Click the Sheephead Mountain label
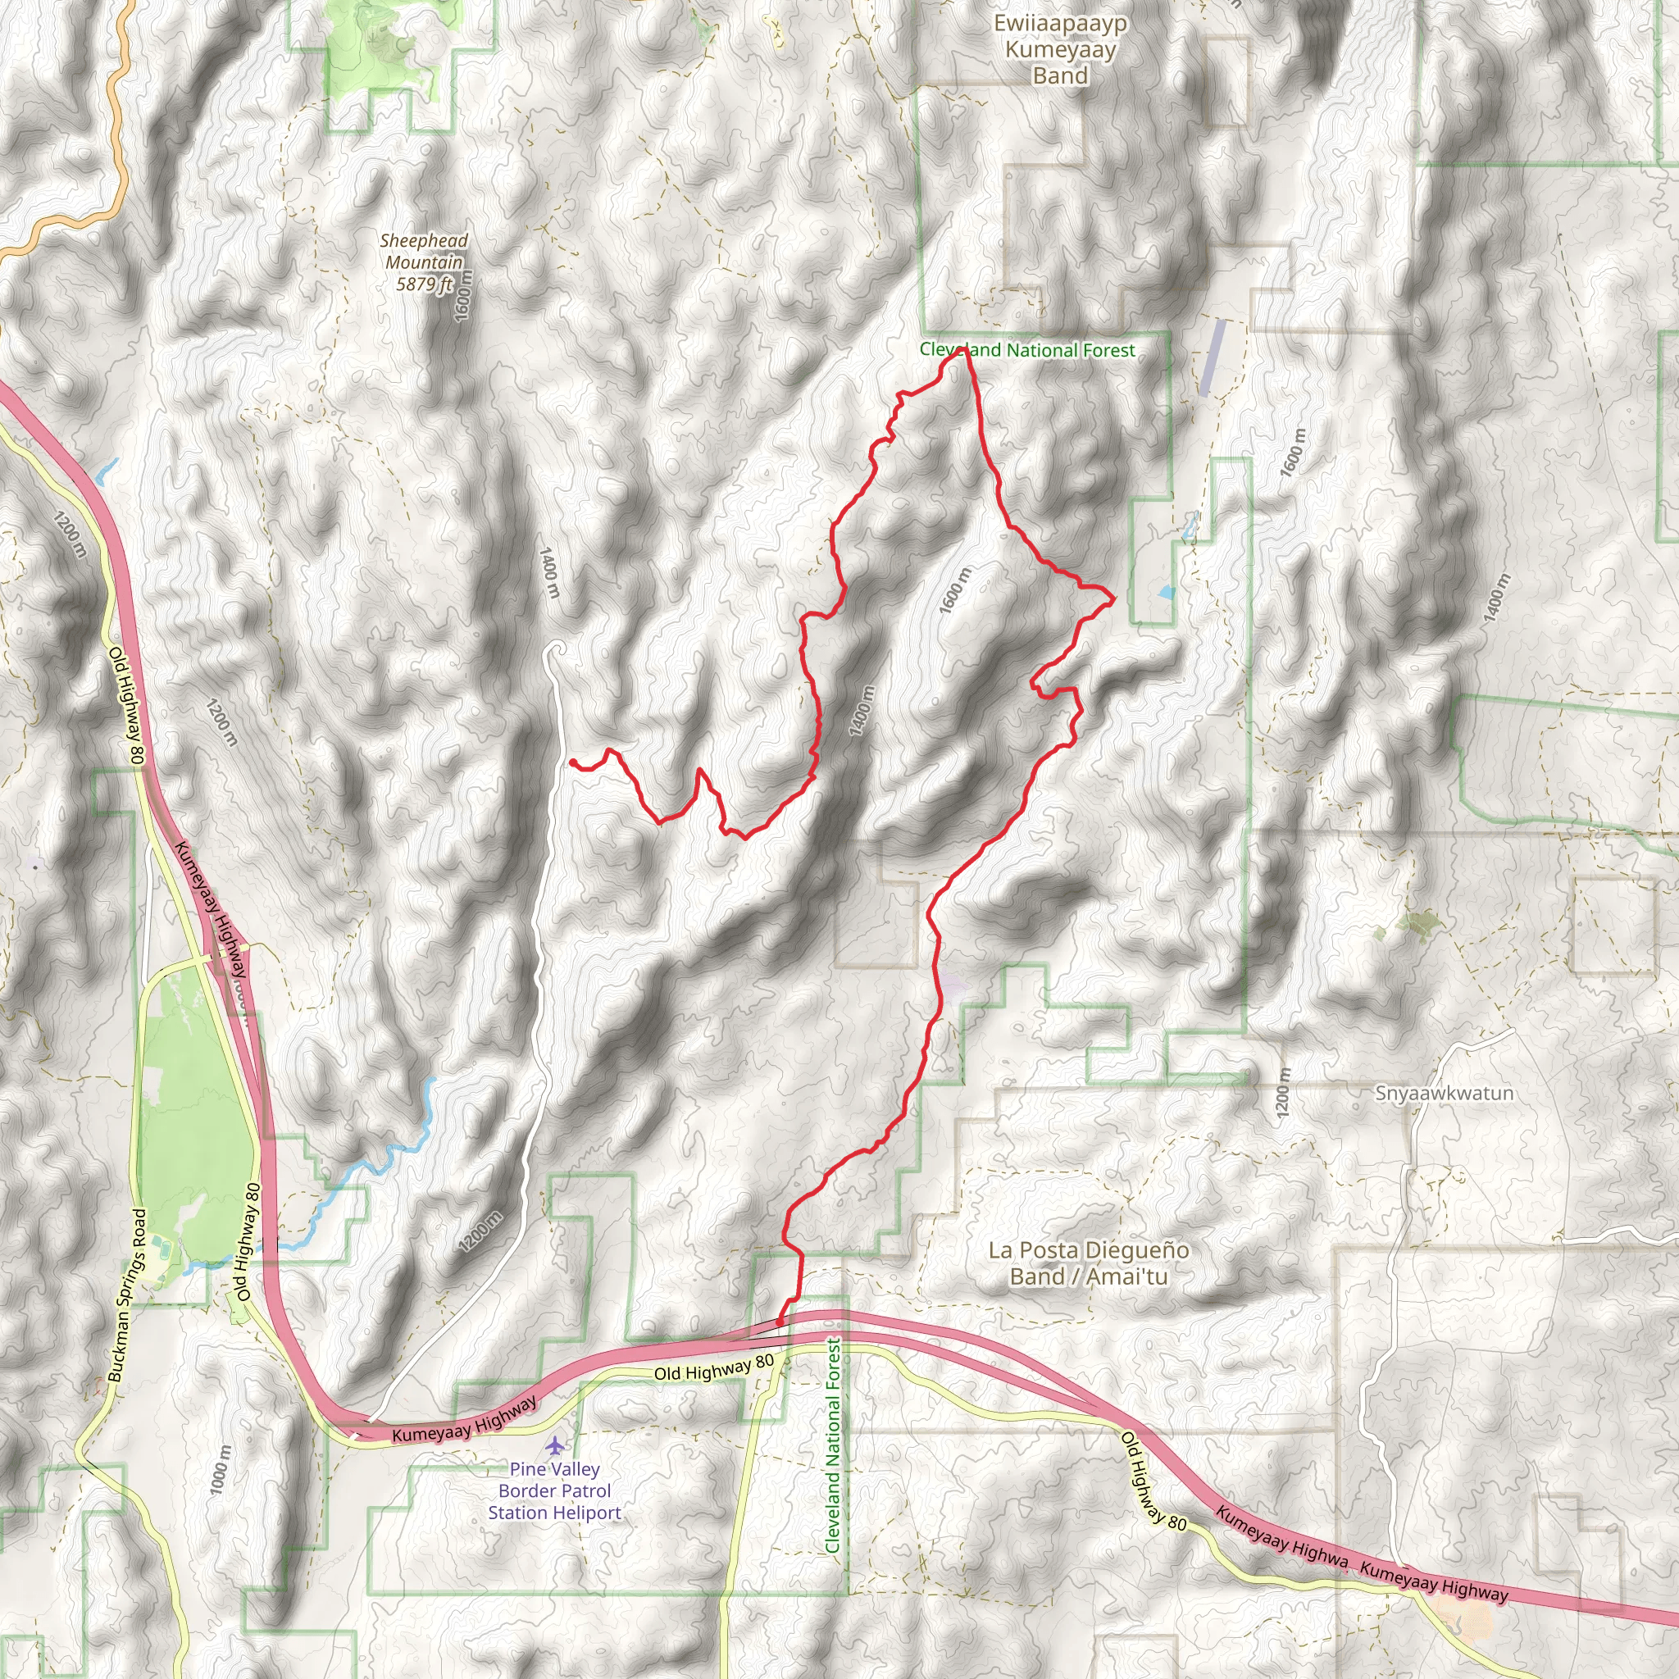423,251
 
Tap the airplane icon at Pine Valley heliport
554,1446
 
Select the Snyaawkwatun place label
1444,1094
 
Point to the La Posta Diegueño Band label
1088,1263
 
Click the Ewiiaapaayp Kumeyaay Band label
1060,49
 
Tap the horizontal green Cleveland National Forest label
1027,350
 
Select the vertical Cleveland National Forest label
833,1446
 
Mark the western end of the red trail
573,762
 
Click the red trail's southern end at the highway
780,1322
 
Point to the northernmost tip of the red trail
962,350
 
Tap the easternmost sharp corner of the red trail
1114,597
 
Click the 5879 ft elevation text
425,284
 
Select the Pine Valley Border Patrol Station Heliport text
554,1491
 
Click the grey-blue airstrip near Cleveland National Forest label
1213,358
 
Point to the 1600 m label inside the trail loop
955,590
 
